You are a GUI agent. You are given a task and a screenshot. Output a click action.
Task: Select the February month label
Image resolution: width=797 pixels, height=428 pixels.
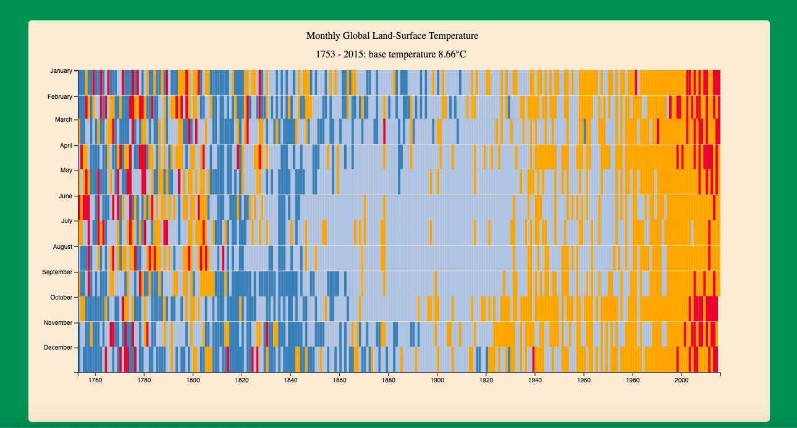tap(60, 97)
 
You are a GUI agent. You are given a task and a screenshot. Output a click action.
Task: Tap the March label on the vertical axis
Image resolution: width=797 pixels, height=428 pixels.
tap(64, 120)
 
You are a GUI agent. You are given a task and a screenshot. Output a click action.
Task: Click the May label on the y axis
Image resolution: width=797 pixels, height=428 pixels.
tap(66, 170)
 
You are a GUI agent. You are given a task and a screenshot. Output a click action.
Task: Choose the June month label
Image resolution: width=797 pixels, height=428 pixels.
tap(65, 196)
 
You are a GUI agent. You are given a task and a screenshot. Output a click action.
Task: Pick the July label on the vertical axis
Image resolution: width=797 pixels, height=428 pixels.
tap(67, 220)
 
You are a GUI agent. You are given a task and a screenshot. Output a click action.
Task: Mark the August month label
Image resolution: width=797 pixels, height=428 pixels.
tap(63, 247)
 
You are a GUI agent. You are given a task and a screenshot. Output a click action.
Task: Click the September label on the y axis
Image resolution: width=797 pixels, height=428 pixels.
tap(57, 272)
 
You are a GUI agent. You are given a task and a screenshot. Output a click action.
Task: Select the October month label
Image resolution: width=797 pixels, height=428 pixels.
tap(61, 298)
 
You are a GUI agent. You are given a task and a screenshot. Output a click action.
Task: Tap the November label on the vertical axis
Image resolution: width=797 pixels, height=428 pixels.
tap(58, 323)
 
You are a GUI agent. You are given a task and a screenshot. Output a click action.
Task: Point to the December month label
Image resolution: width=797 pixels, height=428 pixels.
tap(58, 348)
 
